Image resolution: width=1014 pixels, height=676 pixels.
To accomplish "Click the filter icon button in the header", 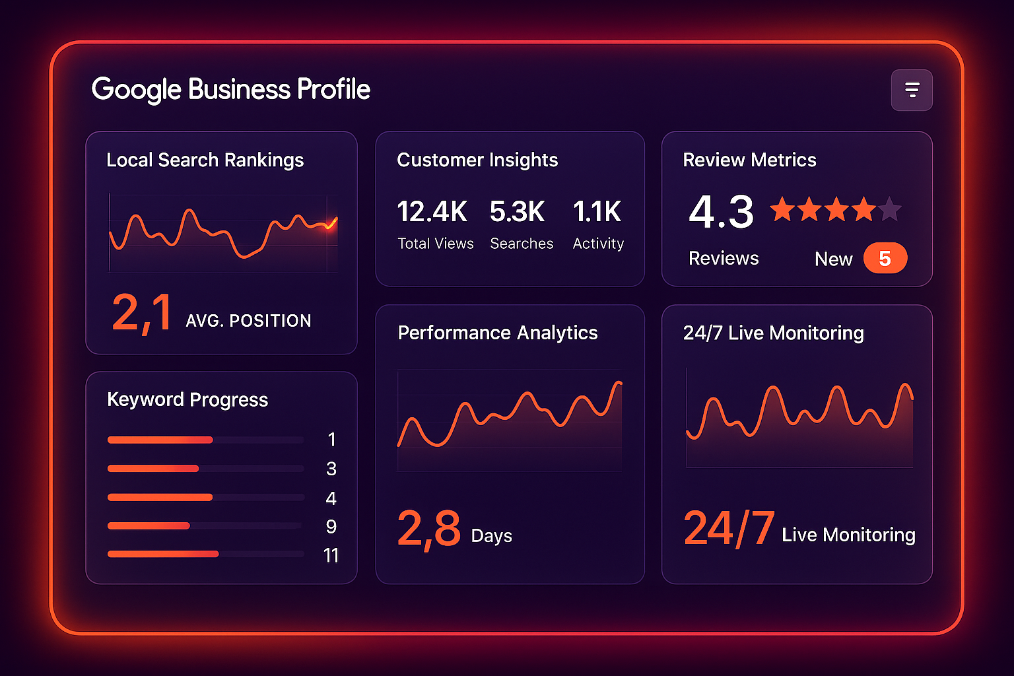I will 912,90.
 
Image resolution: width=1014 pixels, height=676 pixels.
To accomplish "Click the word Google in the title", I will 136,90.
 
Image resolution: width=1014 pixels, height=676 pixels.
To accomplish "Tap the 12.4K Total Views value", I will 432,212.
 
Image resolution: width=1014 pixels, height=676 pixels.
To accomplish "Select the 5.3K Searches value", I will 518,212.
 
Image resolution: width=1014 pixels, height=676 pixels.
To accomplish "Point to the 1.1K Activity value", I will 597,212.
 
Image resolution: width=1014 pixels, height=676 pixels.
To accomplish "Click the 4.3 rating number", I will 721,212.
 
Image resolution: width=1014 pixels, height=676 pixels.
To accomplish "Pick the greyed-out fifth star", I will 889,209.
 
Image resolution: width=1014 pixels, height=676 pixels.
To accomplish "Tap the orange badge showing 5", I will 885,258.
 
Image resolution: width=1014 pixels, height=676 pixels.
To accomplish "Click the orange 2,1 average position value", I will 142,313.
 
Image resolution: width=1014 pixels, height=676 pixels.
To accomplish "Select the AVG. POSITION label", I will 248,321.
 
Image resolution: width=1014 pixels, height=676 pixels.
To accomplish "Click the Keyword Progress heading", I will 187,399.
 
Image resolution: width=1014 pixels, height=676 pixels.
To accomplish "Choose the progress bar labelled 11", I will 163,554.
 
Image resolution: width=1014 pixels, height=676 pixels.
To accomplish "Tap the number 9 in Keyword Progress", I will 331,526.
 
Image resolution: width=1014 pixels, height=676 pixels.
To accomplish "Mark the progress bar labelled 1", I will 160,440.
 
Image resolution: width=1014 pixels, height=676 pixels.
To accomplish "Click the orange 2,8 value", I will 429,529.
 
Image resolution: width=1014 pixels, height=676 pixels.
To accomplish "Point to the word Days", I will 492,535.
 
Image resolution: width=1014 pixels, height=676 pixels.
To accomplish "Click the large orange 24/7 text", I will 729,528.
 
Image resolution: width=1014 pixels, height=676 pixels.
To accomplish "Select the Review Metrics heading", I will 749,160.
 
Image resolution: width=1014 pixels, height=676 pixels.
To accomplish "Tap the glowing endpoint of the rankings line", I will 329,226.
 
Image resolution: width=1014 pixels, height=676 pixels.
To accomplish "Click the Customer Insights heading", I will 477,160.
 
